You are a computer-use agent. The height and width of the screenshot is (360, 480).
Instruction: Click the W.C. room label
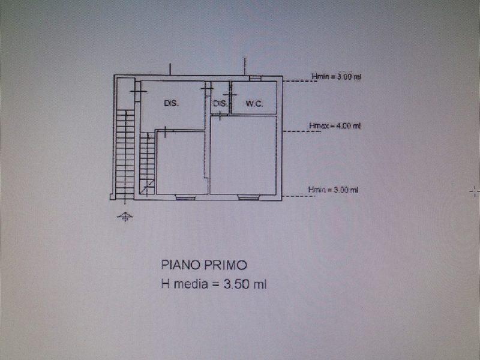click(254, 104)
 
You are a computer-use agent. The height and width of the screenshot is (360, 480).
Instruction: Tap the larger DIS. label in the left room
click(172, 103)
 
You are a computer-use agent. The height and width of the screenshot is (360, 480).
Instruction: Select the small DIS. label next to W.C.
click(220, 103)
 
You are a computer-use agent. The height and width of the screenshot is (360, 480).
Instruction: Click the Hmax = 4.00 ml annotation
click(335, 125)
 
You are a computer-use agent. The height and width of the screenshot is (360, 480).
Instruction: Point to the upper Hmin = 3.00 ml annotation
click(336, 77)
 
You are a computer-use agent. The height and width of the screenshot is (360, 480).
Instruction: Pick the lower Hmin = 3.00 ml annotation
click(333, 190)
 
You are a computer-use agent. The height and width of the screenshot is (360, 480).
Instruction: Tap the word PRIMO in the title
click(226, 265)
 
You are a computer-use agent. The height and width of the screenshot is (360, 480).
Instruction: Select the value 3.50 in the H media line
click(236, 284)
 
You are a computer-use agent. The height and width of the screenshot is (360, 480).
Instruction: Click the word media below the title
click(191, 284)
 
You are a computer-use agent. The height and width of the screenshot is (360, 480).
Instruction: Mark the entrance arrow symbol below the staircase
click(125, 217)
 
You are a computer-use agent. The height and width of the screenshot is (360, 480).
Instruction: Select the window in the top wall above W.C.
click(255, 79)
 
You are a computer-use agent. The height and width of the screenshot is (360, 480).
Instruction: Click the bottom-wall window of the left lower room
click(185, 198)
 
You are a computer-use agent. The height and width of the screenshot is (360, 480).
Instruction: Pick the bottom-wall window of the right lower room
click(248, 198)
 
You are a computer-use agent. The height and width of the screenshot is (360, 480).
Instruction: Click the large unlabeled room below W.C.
click(243, 155)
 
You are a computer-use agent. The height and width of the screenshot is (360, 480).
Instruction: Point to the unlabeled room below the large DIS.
click(181, 163)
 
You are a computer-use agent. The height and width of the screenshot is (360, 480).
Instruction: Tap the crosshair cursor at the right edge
click(475, 191)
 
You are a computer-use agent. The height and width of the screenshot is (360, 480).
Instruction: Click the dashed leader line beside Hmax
click(301, 131)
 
